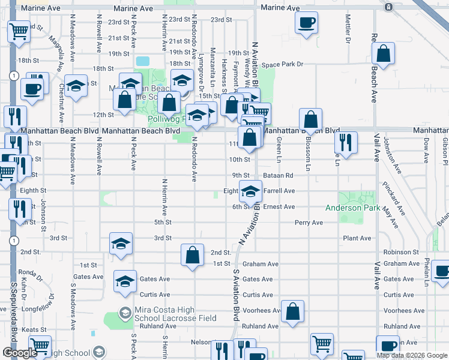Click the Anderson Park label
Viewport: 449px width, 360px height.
point(352,208)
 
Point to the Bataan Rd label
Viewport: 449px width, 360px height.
point(280,175)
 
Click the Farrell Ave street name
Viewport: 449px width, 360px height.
point(279,191)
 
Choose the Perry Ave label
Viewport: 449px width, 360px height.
point(309,223)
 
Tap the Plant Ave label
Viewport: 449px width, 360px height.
point(357,238)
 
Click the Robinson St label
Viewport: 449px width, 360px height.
point(400,253)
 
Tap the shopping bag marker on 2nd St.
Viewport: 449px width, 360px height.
point(191,256)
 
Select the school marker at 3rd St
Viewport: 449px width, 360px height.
point(121,245)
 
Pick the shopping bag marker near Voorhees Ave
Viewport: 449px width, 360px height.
point(292,312)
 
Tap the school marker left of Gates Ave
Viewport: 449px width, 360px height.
point(125,281)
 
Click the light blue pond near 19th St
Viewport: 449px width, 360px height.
point(143,61)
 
